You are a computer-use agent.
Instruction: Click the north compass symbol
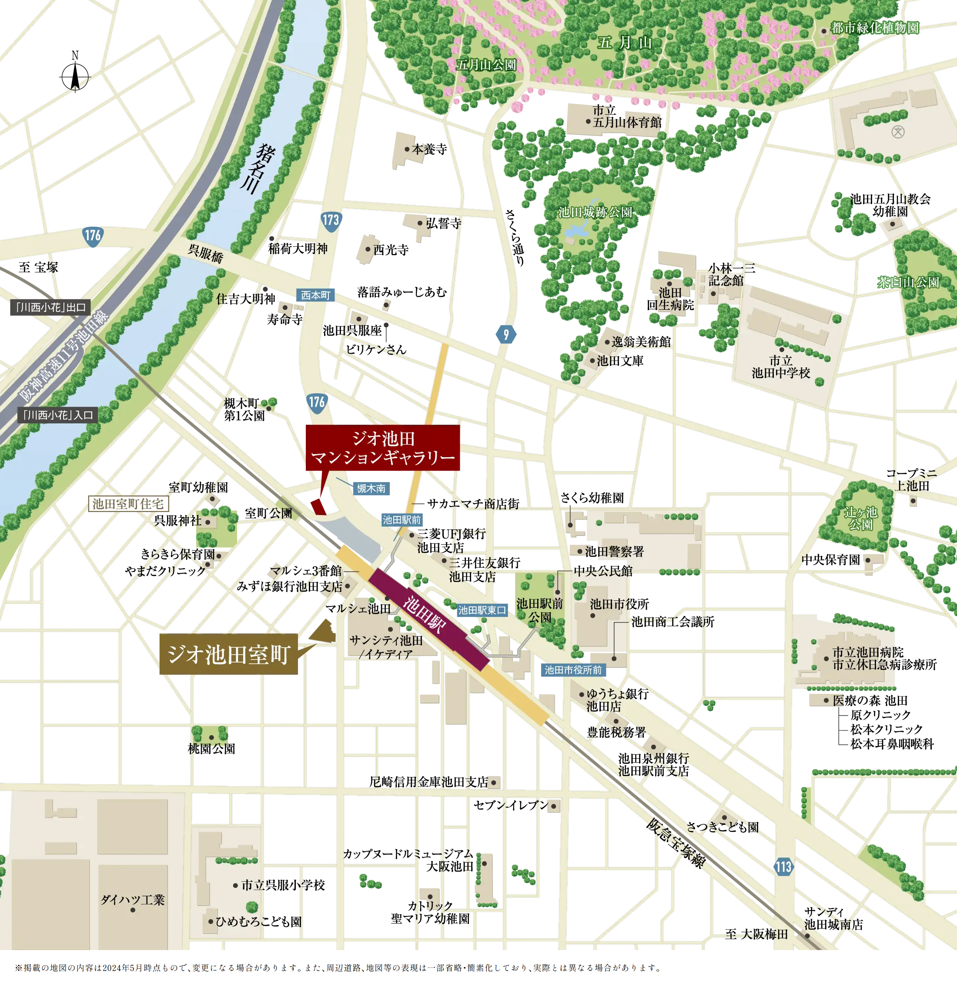click(x=75, y=77)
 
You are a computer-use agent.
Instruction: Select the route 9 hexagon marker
click(x=505, y=334)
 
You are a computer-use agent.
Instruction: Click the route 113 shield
click(x=783, y=867)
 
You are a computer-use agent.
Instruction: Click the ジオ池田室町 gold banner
click(x=229, y=654)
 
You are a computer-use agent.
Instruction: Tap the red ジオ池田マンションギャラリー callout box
click(x=382, y=448)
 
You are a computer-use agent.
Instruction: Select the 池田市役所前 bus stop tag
click(x=573, y=670)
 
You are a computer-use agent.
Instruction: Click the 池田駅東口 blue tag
click(x=482, y=610)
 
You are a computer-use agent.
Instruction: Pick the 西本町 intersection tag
click(x=315, y=295)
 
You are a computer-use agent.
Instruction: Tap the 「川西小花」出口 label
click(x=50, y=307)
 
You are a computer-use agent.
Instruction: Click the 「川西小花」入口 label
click(x=57, y=415)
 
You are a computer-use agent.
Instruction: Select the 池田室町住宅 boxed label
click(x=128, y=504)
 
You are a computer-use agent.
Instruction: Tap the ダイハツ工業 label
click(x=133, y=900)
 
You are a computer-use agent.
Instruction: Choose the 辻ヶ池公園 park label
click(x=860, y=519)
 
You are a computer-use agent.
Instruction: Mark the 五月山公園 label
click(x=486, y=65)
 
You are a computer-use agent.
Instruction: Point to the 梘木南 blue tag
click(x=371, y=489)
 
